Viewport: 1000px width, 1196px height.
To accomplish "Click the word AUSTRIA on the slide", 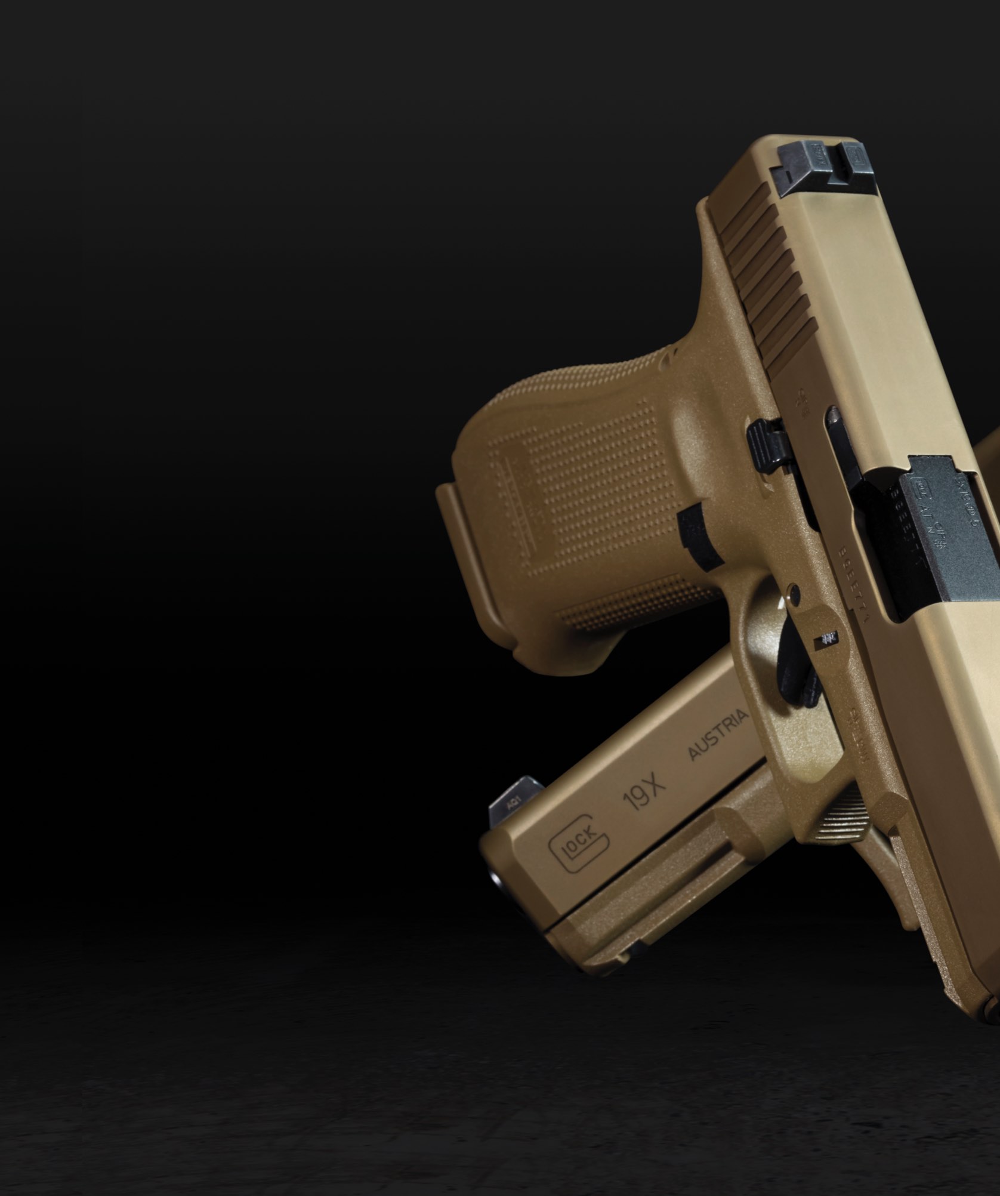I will [718, 735].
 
